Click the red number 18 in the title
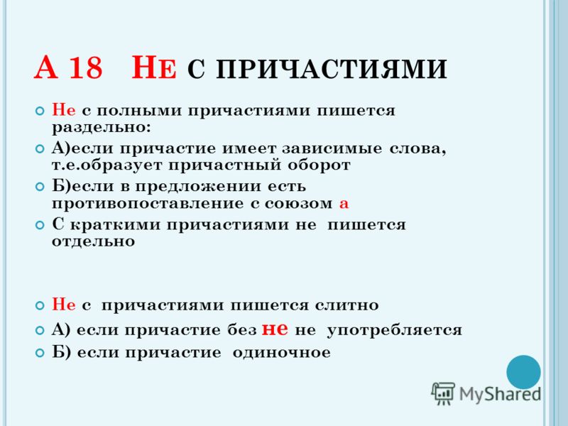[x=85, y=67]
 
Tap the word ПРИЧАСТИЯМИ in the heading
[x=332, y=69]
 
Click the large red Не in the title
[x=153, y=67]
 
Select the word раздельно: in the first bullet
[x=101, y=128]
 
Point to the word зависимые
[x=332, y=149]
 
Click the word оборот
[x=319, y=165]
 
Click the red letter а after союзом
[x=344, y=204]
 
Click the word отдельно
[x=93, y=241]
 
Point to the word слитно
[x=346, y=305]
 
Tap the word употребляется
[x=395, y=331]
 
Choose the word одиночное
[x=281, y=352]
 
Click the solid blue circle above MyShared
[x=523, y=372]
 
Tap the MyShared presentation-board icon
[x=443, y=393]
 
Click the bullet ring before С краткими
[x=40, y=225]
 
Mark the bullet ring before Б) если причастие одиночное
[x=40, y=353]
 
